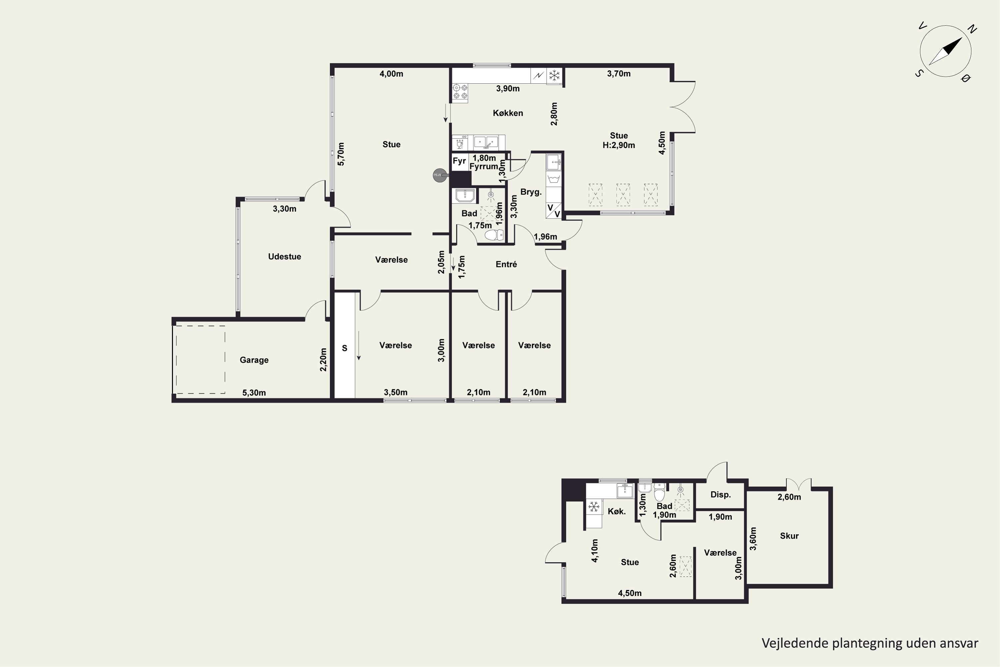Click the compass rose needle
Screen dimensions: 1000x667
(x=946, y=51)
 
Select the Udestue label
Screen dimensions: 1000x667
(x=284, y=256)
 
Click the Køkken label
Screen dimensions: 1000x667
(x=508, y=113)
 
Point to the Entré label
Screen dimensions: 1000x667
(x=506, y=264)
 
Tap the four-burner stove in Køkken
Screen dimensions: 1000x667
(x=460, y=92)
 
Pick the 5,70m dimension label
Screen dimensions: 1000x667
(x=341, y=154)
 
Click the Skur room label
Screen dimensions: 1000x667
(x=789, y=536)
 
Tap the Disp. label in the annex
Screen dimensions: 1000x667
(x=720, y=495)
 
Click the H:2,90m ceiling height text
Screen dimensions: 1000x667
(x=619, y=145)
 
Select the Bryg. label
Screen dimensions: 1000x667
(x=531, y=192)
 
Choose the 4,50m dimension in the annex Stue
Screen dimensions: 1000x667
(x=630, y=593)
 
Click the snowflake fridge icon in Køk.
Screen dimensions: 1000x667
(x=594, y=506)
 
